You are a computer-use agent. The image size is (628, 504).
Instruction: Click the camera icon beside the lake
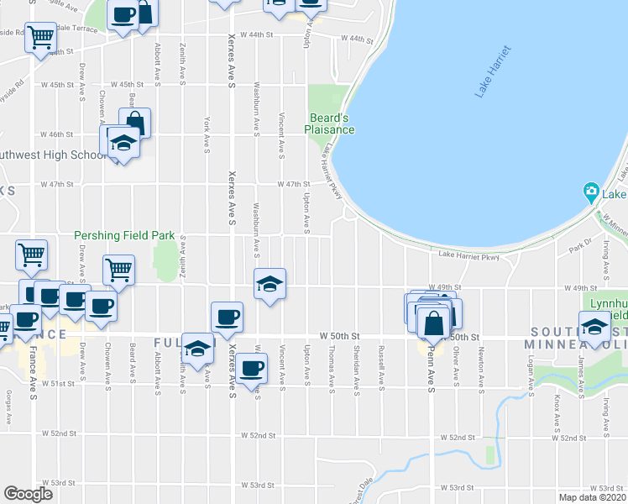(591, 193)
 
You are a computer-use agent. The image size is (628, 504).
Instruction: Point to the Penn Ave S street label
(431, 367)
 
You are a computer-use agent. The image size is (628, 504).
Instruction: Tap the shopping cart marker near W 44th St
(40, 37)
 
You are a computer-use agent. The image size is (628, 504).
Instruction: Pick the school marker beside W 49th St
(270, 286)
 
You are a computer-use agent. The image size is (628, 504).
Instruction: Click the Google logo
(29, 494)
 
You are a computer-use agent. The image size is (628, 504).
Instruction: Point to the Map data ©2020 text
(590, 496)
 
